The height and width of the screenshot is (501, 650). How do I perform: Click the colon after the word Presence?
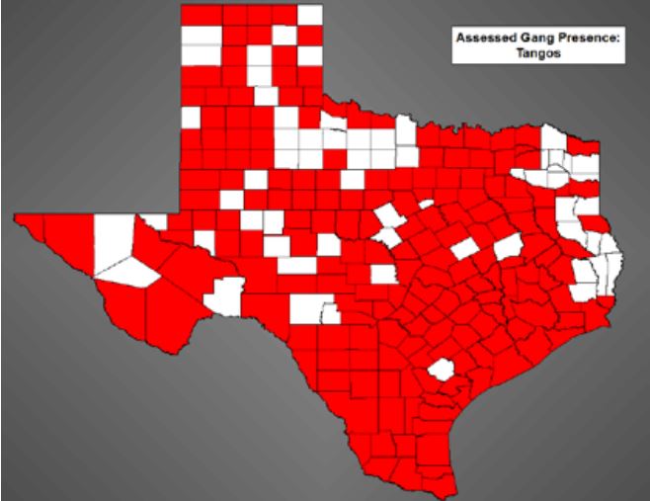tap(608, 40)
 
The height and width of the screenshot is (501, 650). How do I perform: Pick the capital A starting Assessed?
tap(458, 39)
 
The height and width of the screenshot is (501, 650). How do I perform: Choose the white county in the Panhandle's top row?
tap(310, 14)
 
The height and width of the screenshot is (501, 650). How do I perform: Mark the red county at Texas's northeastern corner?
tap(587, 149)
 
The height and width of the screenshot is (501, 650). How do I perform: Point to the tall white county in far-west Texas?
tap(113, 243)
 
